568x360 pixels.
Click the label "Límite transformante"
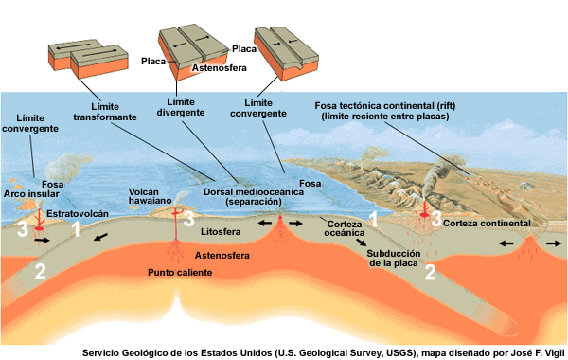(x=104, y=112)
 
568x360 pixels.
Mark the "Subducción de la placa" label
(x=395, y=258)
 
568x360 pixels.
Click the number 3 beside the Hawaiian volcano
(x=189, y=220)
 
